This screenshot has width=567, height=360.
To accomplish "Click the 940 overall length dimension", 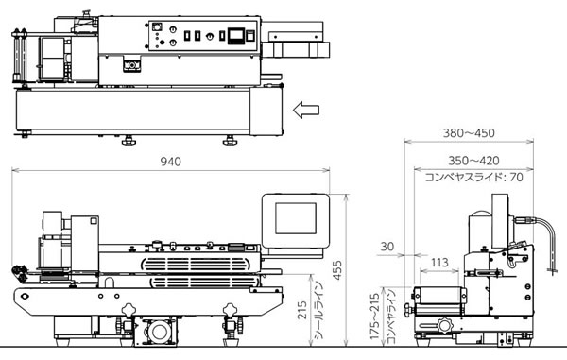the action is click(171, 162).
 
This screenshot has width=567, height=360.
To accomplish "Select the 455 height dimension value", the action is click(337, 270).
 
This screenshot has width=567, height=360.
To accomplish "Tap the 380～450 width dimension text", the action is click(469, 133).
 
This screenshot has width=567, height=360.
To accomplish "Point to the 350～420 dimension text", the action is click(473, 161).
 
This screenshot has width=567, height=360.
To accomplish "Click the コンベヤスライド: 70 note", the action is click(474, 177).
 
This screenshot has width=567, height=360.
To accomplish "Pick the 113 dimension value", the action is click(439, 262).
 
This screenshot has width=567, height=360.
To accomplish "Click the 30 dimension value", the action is click(387, 247).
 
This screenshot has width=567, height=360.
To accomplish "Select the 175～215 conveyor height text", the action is click(375, 316).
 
